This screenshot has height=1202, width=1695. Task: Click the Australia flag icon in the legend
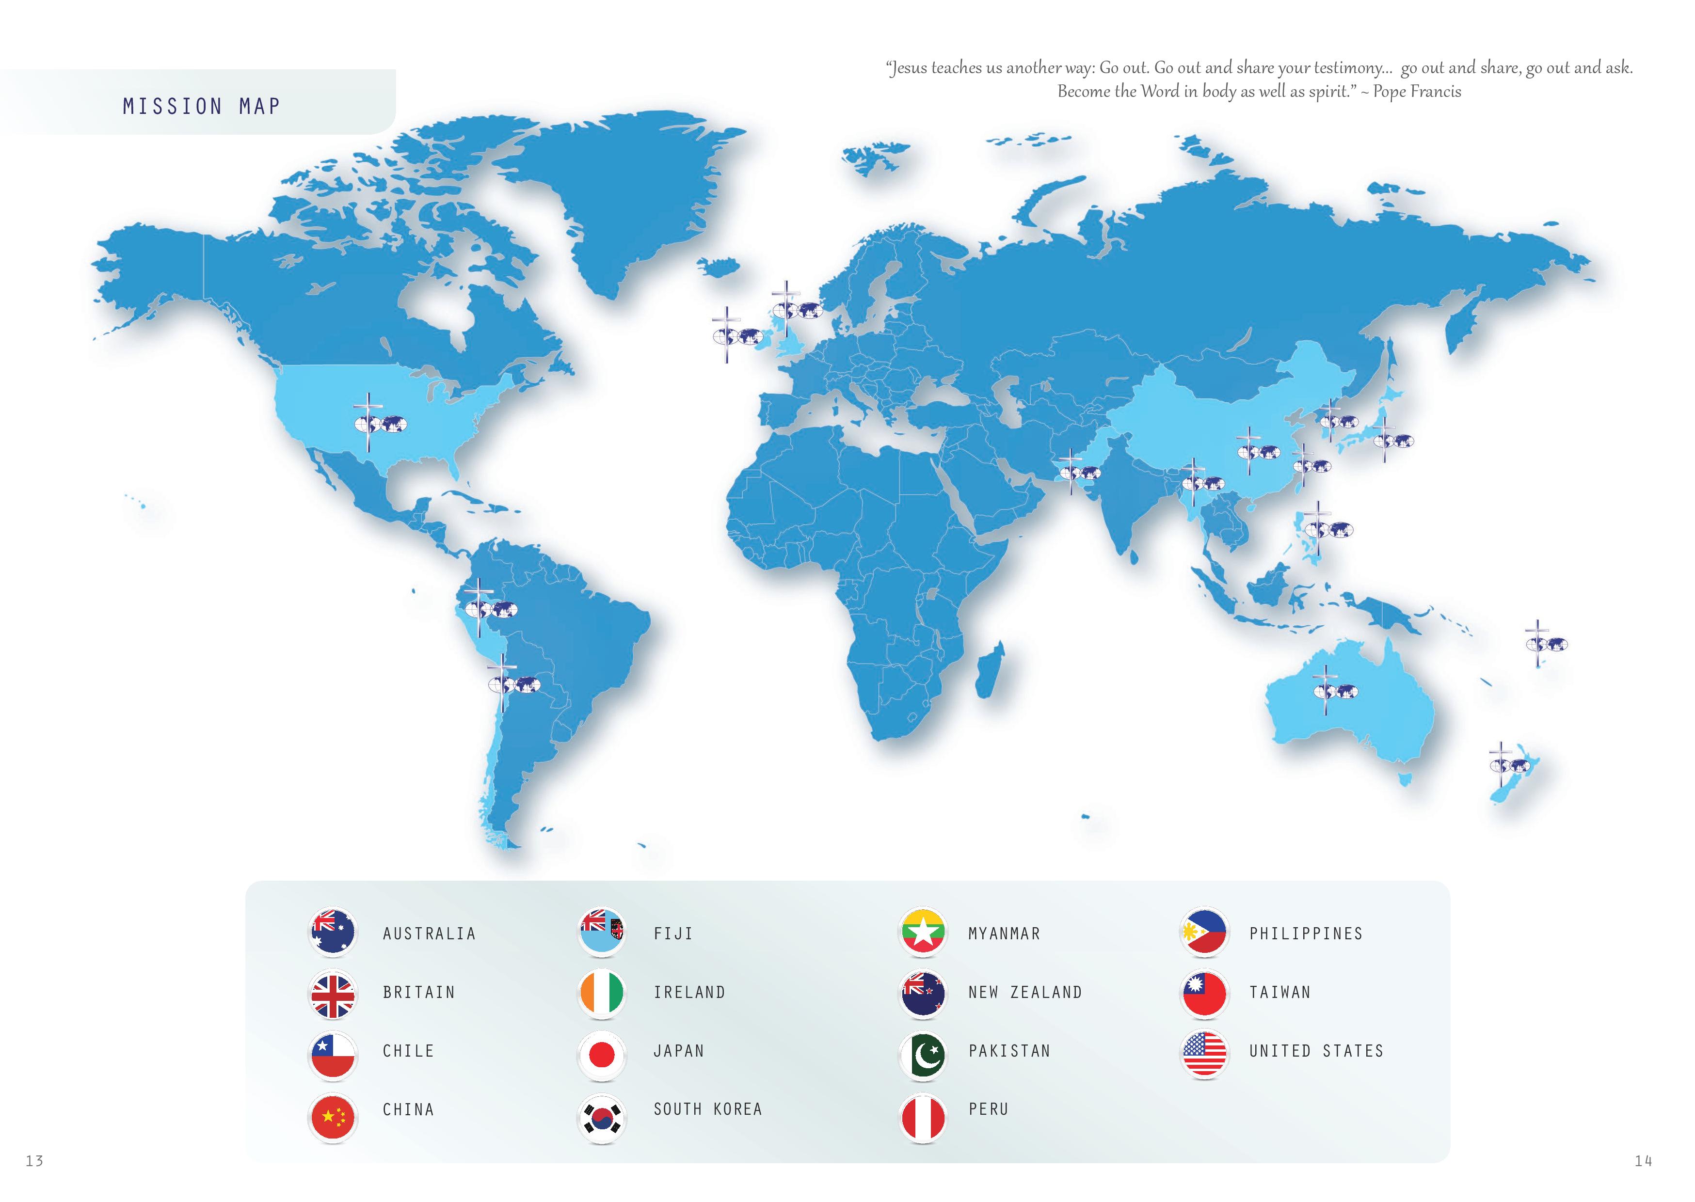coord(332,932)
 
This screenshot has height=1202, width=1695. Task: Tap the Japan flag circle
coord(601,1055)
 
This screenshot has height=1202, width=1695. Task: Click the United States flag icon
coord(1204,1055)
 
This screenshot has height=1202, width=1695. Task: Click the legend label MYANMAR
coord(1004,934)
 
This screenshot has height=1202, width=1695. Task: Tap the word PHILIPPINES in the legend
coord(1306,934)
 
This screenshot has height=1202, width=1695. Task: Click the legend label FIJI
coord(673,934)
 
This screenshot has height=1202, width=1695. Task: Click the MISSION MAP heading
coord(201,107)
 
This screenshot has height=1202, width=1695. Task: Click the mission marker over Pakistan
coord(1079,472)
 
